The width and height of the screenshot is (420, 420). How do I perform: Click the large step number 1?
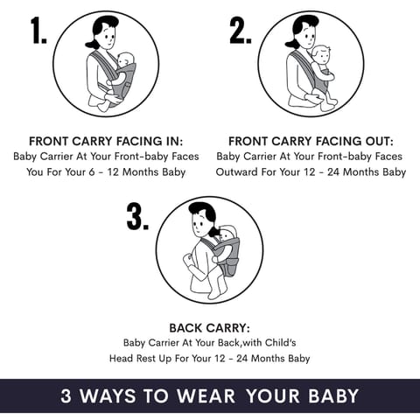[x=39, y=30]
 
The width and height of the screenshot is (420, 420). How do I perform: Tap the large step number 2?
[x=241, y=30]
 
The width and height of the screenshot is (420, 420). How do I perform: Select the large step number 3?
[x=137, y=216]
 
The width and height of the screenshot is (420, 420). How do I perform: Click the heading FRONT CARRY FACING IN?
[x=106, y=142]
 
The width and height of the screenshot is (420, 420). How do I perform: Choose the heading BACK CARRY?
[x=210, y=328]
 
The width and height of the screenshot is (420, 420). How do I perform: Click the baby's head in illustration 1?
[x=125, y=61]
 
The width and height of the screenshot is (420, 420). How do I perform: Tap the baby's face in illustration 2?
[x=323, y=57]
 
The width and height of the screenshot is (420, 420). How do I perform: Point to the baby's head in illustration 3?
[x=227, y=234]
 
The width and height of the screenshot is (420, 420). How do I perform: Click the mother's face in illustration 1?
[x=108, y=36]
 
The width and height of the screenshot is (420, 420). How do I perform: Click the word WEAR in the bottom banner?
[x=206, y=395]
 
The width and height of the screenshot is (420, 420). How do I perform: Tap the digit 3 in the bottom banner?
[x=66, y=395]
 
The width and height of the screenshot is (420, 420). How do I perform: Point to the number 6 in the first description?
[x=92, y=171]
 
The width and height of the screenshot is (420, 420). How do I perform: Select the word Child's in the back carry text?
[x=280, y=342]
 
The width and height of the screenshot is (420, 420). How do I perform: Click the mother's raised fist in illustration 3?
[x=188, y=259]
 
